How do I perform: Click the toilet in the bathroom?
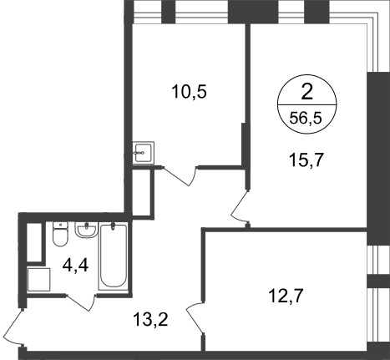pyautogui.click(x=59, y=236)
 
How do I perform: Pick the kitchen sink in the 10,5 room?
pyautogui.click(x=143, y=152)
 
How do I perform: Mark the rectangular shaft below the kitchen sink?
pyautogui.click(x=143, y=191)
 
